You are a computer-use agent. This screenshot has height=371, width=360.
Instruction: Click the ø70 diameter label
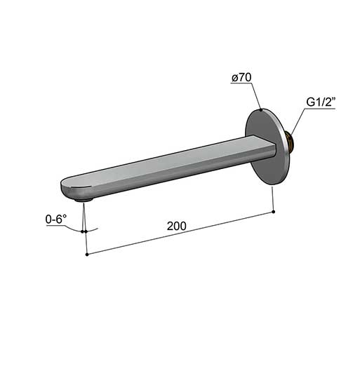[241, 78]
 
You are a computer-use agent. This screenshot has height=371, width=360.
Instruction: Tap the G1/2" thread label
[321, 102]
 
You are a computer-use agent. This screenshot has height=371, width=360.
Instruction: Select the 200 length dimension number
[177, 226]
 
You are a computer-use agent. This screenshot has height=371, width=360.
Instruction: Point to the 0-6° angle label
[56, 220]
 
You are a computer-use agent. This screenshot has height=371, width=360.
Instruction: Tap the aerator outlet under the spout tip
[84, 200]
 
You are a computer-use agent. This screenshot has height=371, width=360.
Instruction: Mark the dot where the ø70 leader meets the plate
[261, 109]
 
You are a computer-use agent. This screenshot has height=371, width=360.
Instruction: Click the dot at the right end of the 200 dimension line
[274, 212]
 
